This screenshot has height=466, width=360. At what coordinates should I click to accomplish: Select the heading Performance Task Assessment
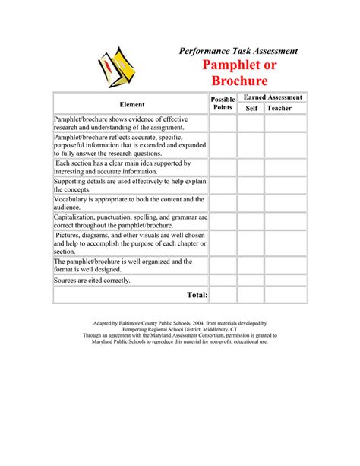(x=238, y=50)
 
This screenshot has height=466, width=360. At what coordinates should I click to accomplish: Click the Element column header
(x=131, y=103)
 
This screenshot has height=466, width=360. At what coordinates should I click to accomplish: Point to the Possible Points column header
(x=223, y=103)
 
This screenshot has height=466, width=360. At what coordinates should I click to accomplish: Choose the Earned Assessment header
(x=273, y=97)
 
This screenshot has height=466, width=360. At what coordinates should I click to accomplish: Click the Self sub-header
(x=251, y=109)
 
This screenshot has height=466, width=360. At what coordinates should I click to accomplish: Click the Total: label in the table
(x=197, y=294)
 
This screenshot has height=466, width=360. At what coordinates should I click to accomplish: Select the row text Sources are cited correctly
(x=92, y=280)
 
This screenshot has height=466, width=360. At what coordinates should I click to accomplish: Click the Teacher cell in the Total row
(x=286, y=294)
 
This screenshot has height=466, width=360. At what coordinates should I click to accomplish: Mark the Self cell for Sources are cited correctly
(x=251, y=280)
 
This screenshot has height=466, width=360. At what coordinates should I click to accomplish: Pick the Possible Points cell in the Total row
(x=223, y=294)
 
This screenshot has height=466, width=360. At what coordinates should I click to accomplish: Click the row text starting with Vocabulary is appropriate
(x=128, y=203)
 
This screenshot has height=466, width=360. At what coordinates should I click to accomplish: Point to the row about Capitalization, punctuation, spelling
(x=130, y=221)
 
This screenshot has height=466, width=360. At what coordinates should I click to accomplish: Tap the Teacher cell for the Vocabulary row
(x=286, y=203)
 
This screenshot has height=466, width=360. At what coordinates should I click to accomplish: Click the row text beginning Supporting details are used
(x=130, y=185)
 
